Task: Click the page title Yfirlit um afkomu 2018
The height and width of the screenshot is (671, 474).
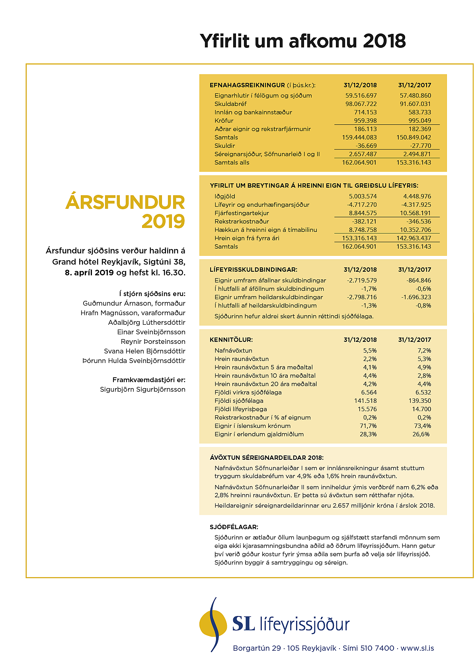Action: [x=302, y=41]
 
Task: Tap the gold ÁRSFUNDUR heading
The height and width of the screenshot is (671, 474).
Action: [x=125, y=202]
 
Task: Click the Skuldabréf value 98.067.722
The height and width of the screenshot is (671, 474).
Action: [x=361, y=104]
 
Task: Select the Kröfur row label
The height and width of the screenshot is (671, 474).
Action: [x=224, y=121]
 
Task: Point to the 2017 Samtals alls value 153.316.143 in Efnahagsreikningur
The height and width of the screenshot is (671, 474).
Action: [x=414, y=163]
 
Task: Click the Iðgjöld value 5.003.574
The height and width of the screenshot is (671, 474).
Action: [x=363, y=196]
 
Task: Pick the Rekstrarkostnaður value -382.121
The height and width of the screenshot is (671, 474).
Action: [x=364, y=222]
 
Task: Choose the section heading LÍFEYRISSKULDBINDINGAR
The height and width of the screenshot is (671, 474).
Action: [x=253, y=270]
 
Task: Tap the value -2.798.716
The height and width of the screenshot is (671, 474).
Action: [x=362, y=297]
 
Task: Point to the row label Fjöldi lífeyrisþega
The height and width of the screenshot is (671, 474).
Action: [x=240, y=409]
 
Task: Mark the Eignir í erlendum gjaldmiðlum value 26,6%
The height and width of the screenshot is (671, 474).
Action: [x=421, y=434]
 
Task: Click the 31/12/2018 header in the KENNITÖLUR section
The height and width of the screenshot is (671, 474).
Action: [x=360, y=340]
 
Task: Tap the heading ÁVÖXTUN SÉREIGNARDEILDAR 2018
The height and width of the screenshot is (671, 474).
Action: [x=266, y=458]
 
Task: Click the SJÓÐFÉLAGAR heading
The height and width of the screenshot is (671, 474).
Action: [x=234, y=527]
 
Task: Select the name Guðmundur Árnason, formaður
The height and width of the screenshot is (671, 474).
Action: [x=134, y=304]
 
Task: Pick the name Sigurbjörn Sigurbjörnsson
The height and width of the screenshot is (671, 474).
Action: [x=142, y=390]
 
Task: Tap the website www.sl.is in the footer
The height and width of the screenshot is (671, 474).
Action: [x=417, y=648]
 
